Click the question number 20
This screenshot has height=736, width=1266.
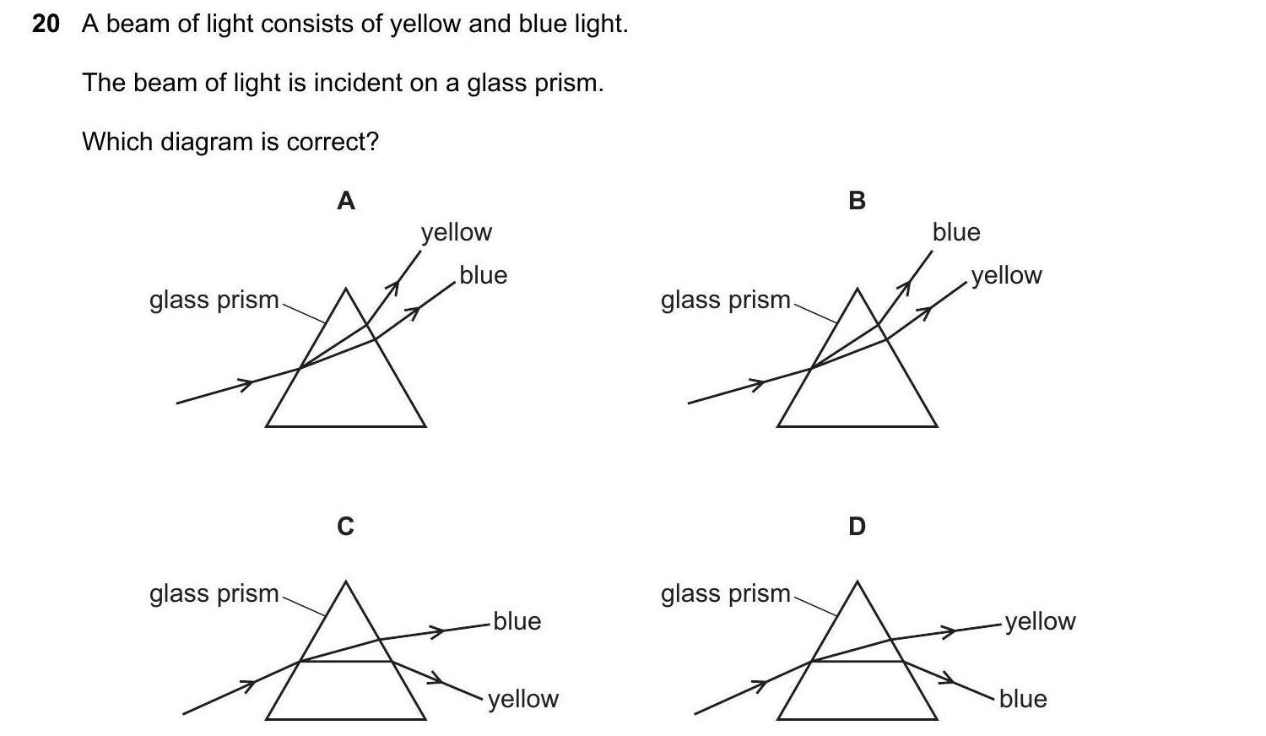46,24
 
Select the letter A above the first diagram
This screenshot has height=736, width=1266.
346,201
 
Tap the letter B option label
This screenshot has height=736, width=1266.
857,201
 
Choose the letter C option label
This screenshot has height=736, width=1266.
345,527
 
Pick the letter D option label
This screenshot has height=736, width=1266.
857,527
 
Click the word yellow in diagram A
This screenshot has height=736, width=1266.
457,232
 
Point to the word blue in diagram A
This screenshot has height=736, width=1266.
484,275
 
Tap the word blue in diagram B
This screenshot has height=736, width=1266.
956,232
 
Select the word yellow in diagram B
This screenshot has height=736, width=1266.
1007,276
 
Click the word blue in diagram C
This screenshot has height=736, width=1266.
517,621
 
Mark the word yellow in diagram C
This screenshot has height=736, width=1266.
523,699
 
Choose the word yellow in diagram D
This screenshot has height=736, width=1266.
1040,621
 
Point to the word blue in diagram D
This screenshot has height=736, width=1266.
1023,699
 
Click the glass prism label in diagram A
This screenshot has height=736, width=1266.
214,300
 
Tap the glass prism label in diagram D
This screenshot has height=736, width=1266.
726,594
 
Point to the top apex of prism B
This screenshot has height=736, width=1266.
858,290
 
